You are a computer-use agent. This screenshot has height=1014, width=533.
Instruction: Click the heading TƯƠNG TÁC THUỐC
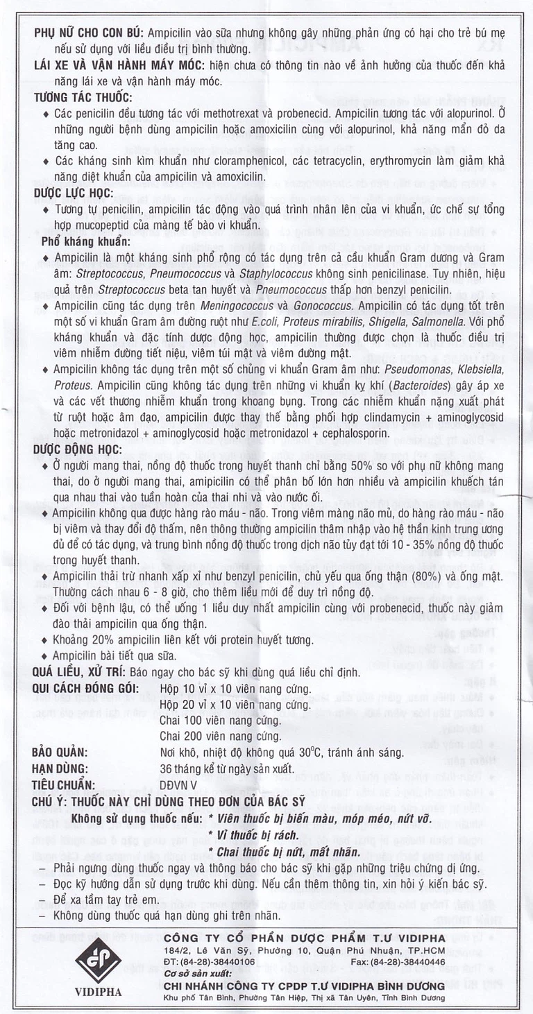click(x=83, y=98)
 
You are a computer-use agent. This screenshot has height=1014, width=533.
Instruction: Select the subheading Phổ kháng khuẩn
click(x=85, y=241)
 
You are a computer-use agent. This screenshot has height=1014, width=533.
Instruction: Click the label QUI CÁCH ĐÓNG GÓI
click(x=85, y=688)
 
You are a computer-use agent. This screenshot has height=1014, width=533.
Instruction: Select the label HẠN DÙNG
click(x=60, y=769)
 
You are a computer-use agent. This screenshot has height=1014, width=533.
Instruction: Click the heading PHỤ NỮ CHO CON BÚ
click(x=87, y=33)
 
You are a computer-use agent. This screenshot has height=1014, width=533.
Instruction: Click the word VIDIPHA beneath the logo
click(x=98, y=992)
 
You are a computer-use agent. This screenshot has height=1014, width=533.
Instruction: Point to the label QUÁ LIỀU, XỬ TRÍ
click(x=81, y=671)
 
